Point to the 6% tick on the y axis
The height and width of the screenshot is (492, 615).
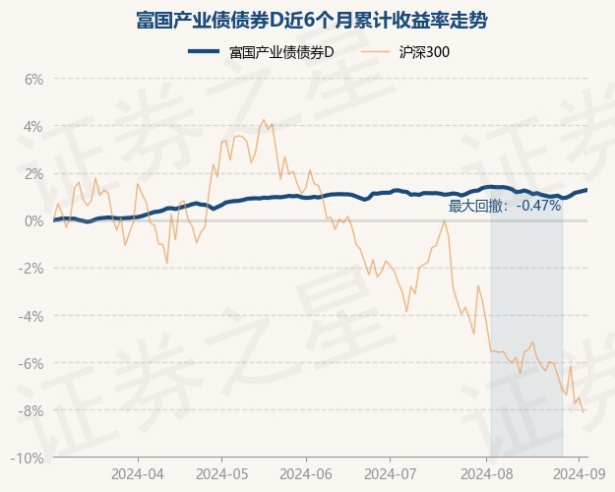click(x=33, y=79)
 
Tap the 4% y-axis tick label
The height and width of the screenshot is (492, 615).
click(x=33, y=126)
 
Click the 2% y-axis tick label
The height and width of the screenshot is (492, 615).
click(x=33, y=173)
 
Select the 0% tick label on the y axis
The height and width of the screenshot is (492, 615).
click(x=33, y=220)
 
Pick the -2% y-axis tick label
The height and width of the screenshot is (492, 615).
click(x=31, y=269)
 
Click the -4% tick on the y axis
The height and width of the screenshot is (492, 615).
click(x=31, y=316)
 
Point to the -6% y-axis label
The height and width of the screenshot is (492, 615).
click(x=31, y=363)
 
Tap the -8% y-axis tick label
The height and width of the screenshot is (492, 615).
click(x=31, y=410)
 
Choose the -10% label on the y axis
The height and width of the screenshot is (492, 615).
click(x=29, y=458)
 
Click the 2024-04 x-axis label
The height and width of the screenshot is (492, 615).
click(x=138, y=473)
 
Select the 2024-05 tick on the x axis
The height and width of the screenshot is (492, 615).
click(x=221, y=473)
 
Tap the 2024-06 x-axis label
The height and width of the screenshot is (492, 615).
click(x=306, y=473)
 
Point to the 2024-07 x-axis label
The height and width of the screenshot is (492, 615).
click(x=390, y=473)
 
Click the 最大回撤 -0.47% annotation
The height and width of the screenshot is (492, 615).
click(x=505, y=206)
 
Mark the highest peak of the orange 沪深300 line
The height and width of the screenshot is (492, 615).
click(x=262, y=120)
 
